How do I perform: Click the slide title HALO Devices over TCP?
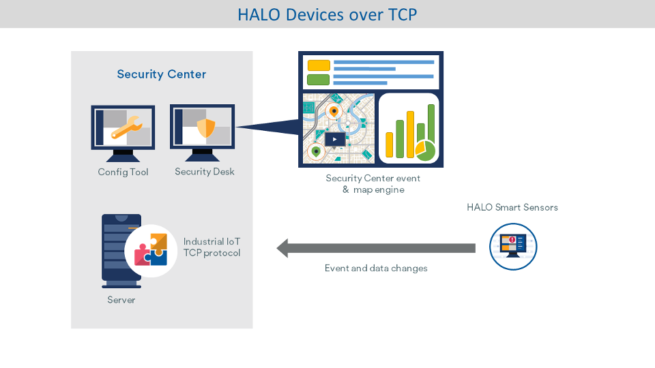(x=327, y=14)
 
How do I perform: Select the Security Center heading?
(x=161, y=74)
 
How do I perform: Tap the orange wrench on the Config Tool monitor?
(x=126, y=127)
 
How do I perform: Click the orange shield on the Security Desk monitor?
(x=205, y=128)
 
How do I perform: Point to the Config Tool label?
(x=123, y=172)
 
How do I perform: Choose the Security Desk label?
(x=204, y=172)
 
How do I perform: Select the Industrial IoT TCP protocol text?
(x=212, y=247)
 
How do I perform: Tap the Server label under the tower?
(x=121, y=300)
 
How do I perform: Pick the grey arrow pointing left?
(x=375, y=248)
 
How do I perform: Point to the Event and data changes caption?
(x=376, y=269)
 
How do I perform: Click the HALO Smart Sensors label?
(x=512, y=207)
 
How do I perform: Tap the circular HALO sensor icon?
(x=513, y=247)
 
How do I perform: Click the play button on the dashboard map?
(x=334, y=139)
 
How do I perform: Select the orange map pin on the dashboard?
(x=334, y=110)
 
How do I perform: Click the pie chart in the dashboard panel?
(x=425, y=151)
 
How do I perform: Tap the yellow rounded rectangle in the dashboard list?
(x=319, y=65)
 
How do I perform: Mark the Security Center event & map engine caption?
(x=373, y=184)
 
